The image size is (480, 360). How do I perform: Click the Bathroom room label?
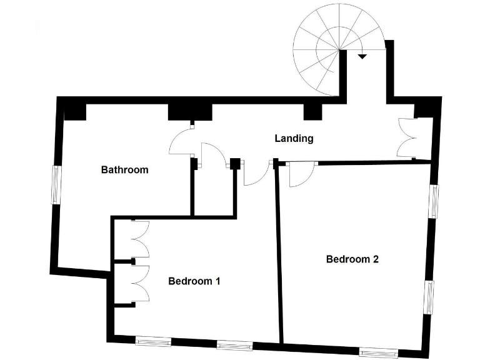point(125,169)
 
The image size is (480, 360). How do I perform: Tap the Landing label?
point(294,139)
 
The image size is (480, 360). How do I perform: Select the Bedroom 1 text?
point(194,281)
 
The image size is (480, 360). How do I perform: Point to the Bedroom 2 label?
point(352,259)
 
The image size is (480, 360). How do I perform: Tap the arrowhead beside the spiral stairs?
point(362,56)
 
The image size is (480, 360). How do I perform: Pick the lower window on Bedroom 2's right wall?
point(430,296)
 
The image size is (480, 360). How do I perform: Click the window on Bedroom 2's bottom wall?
point(379,351)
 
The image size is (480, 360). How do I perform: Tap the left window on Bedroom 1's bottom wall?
point(153,341)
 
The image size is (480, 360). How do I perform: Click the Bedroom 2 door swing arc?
point(297,175)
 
